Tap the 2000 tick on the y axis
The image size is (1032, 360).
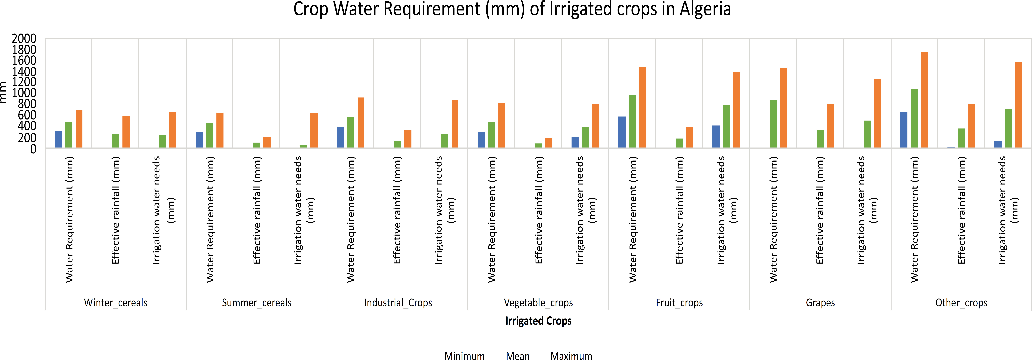24,39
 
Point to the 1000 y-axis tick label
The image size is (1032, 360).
24,93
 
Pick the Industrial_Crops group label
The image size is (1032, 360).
398,303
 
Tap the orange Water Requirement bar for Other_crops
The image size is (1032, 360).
925,100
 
